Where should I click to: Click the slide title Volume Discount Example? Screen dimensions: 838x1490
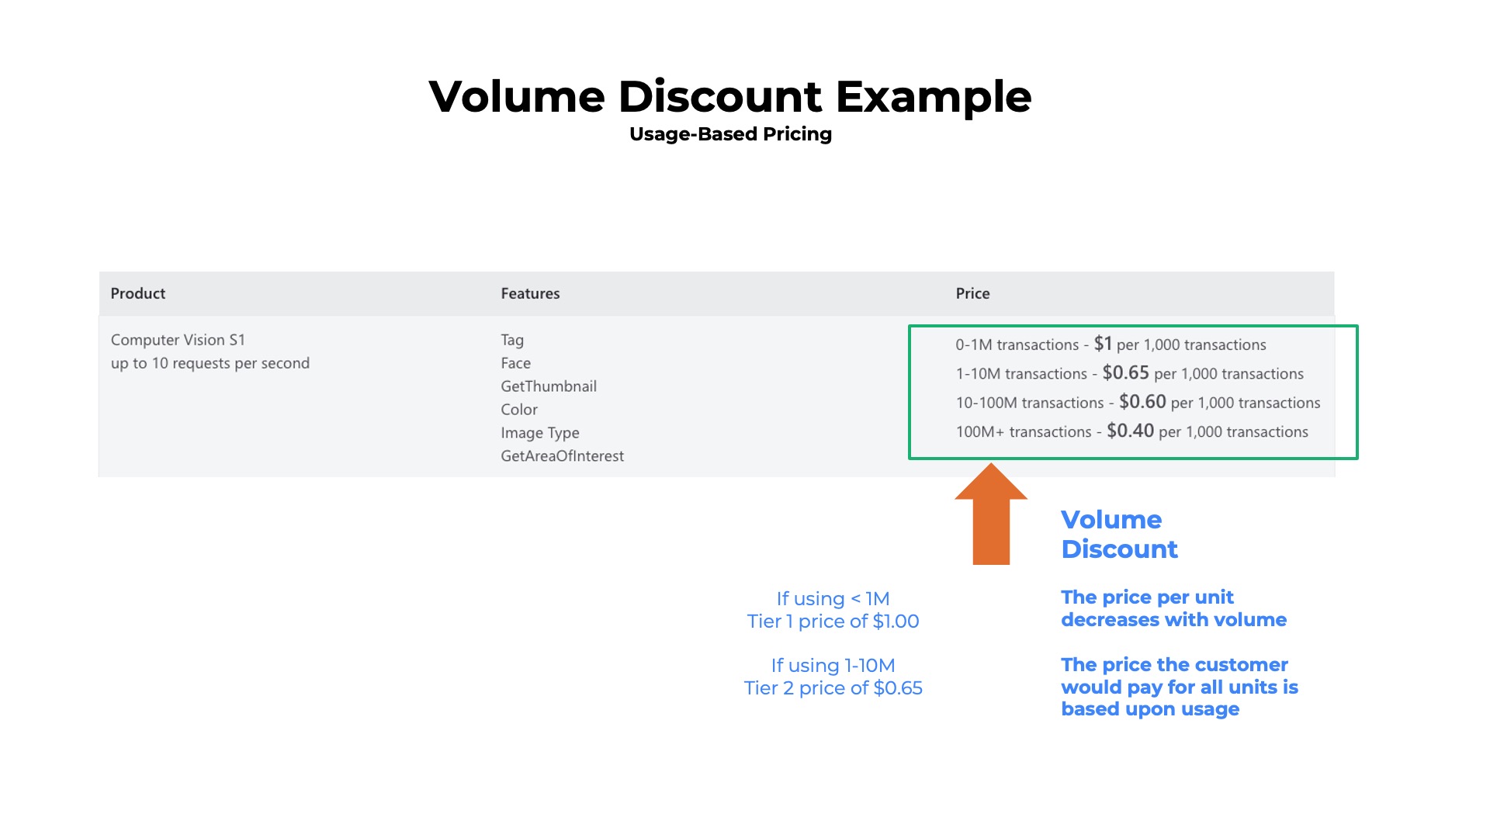729,96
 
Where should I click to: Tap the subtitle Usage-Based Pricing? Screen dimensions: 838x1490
730,134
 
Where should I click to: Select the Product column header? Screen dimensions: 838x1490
138,293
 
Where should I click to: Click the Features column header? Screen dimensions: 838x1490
530,293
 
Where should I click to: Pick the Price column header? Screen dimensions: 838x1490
972,293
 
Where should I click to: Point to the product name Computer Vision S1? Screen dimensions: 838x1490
178,340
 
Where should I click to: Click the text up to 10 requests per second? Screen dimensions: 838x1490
210,363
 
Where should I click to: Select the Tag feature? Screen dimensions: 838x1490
512,340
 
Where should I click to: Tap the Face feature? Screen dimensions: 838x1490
515,363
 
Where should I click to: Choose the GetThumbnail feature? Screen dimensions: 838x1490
549,386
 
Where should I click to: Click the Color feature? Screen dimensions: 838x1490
519,410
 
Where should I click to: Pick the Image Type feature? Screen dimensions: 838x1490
540,433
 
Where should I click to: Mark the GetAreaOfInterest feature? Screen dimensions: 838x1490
562,456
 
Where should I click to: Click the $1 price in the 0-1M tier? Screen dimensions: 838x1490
1103,344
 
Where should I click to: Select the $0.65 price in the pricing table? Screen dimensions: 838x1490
1125,373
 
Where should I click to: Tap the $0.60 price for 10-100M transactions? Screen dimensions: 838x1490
1142,402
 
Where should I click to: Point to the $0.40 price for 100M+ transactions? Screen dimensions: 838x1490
1130,431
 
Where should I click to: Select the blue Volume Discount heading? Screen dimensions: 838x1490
1119,534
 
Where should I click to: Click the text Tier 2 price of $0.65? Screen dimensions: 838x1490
833,688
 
